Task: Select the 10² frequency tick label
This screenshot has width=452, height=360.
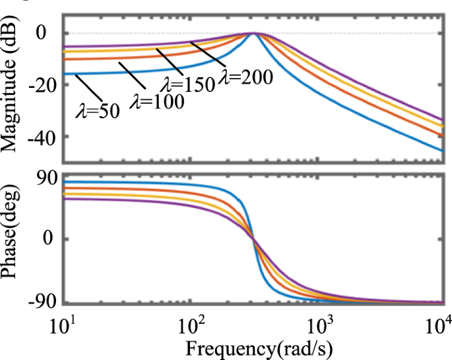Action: [x=193, y=324]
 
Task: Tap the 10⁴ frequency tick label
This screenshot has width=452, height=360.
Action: [x=438, y=323]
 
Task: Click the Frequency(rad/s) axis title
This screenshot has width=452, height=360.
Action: [x=253, y=347]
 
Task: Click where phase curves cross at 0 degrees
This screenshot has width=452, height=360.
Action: [x=253, y=239]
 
